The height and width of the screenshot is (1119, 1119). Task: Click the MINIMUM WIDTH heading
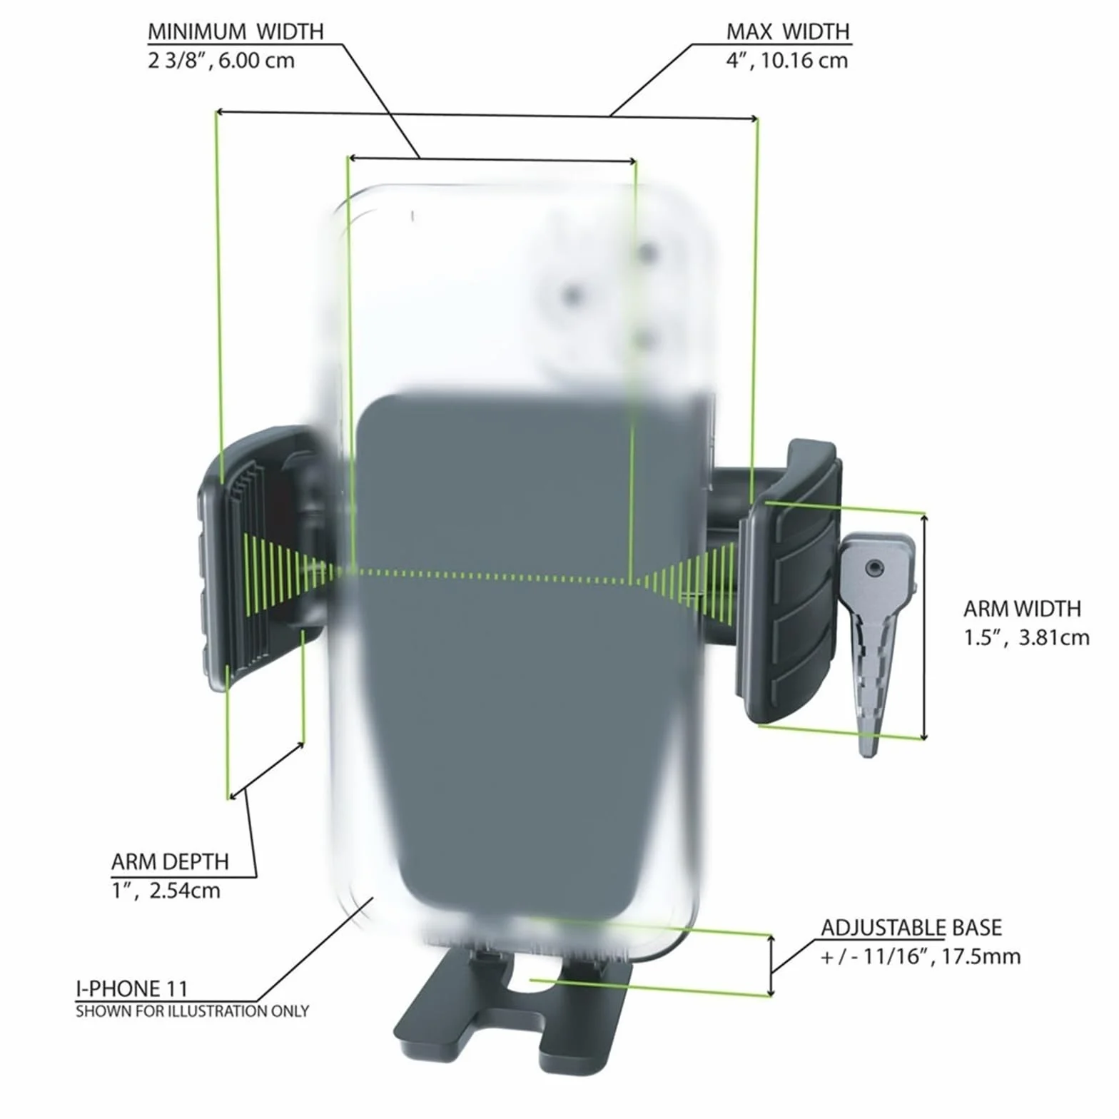[x=236, y=32]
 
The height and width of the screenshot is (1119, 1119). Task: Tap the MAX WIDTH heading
[x=788, y=32]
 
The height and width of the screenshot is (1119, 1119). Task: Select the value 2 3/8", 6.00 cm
[x=221, y=61]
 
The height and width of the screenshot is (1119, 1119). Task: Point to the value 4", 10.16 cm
[x=787, y=61]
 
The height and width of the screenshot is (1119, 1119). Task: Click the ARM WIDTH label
[x=1022, y=609]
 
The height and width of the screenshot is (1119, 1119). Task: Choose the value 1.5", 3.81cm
[x=1026, y=637]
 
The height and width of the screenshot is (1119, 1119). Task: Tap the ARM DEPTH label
[x=170, y=862]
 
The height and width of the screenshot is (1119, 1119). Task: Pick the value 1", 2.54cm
[x=166, y=891]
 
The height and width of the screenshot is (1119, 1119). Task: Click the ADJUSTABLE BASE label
[x=911, y=928]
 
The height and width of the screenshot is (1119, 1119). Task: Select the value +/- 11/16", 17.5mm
[x=921, y=956]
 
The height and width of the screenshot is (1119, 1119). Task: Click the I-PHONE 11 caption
[x=132, y=989]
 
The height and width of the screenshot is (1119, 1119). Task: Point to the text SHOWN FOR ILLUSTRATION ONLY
[x=192, y=1011]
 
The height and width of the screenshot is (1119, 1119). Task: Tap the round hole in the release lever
[x=875, y=568]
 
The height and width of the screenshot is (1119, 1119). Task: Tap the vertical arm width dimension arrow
[x=924, y=627]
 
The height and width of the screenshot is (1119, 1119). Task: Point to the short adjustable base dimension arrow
[x=771, y=965]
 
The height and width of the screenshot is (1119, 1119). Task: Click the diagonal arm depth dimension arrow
[x=266, y=771]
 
